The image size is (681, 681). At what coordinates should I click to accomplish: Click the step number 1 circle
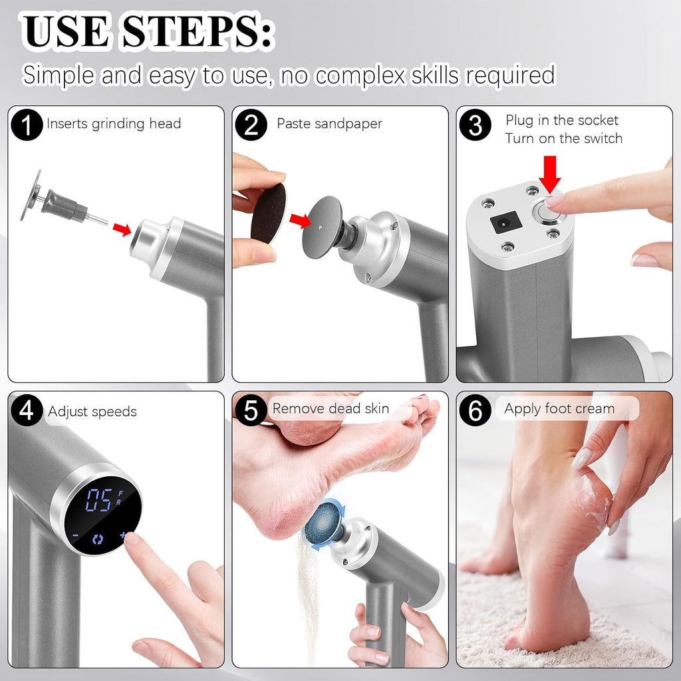pos(27,124)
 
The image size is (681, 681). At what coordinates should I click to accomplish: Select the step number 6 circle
pos(476,410)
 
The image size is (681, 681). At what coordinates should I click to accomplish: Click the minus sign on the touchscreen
pos(76,535)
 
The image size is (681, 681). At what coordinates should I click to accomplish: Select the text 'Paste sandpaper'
pos(329,124)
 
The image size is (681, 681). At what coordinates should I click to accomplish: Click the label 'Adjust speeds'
pos(92,412)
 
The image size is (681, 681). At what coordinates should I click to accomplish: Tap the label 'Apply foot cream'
pos(559,409)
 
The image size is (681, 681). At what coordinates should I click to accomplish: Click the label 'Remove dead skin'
pos(331,408)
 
